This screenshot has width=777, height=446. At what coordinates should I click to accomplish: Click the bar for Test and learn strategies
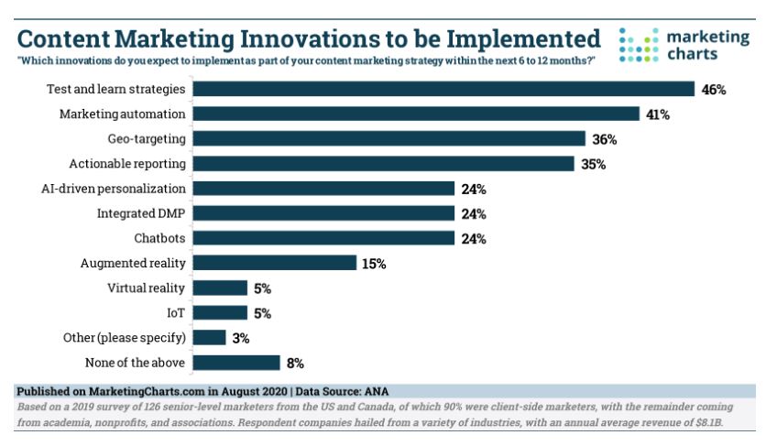pyautogui.click(x=443, y=89)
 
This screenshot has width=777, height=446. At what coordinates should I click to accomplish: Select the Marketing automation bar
pyautogui.click(x=416, y=114)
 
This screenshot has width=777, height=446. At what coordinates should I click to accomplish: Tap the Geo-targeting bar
pyautogui.click(x=388, y=138)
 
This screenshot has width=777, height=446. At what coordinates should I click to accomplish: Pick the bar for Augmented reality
pyautogui.click(x=274, y=263)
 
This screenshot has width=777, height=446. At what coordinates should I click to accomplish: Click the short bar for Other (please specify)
pyautogui.click(x=210, y=337)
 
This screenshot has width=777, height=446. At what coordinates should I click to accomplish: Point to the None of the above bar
pyautogui.click(x=236, y=362)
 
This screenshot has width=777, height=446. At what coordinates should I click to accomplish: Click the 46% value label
pyautogui.click(x=714, y=90)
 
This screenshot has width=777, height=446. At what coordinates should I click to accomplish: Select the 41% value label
pyautogui.click(x=658, y=114)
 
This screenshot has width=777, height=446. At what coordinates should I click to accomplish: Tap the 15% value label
pyautogui.click(x=374, y=264)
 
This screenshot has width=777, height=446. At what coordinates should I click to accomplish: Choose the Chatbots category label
pyautogui.click(x=159, y=238)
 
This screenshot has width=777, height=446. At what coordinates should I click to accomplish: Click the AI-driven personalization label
pyautogui.click(x=127, y=189)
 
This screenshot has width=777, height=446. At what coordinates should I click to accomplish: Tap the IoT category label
pyautogui.click(x=176, y=312)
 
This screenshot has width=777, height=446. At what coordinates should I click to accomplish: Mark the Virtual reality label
pyautogui.click(x=147, y=288)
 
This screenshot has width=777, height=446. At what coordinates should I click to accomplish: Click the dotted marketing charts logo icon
pyautogui.click(x=639, y=45)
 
